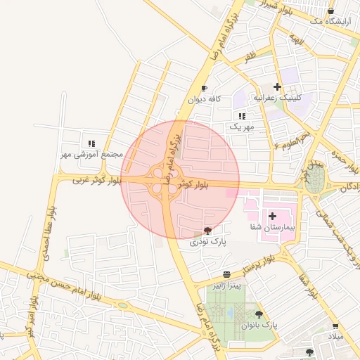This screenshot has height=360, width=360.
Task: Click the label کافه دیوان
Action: (x=204, y=99)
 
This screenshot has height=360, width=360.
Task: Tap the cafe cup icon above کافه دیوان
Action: (x=204, y=89)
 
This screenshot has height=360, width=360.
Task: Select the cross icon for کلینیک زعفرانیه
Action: (x=278, y=86)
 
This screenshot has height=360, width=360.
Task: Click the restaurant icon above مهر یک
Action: (x=241, y=116)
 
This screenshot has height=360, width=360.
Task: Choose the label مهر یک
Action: (x=240, y=127)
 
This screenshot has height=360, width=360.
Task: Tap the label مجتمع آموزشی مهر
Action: (x=91, y=154)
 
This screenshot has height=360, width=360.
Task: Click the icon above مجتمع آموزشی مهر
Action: (x=91, y=143)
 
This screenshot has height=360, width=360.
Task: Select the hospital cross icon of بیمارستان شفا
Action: (x=273, y=216)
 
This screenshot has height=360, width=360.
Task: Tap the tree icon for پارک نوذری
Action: (x=207, y=231)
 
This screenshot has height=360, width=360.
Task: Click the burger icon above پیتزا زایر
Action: (x=226, y=274)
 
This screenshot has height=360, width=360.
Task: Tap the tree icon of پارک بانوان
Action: (x=259, y=314)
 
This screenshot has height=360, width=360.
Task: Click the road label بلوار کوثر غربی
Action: (x=98, y=181)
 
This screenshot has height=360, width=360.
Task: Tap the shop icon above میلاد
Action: (x=335, y=327)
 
